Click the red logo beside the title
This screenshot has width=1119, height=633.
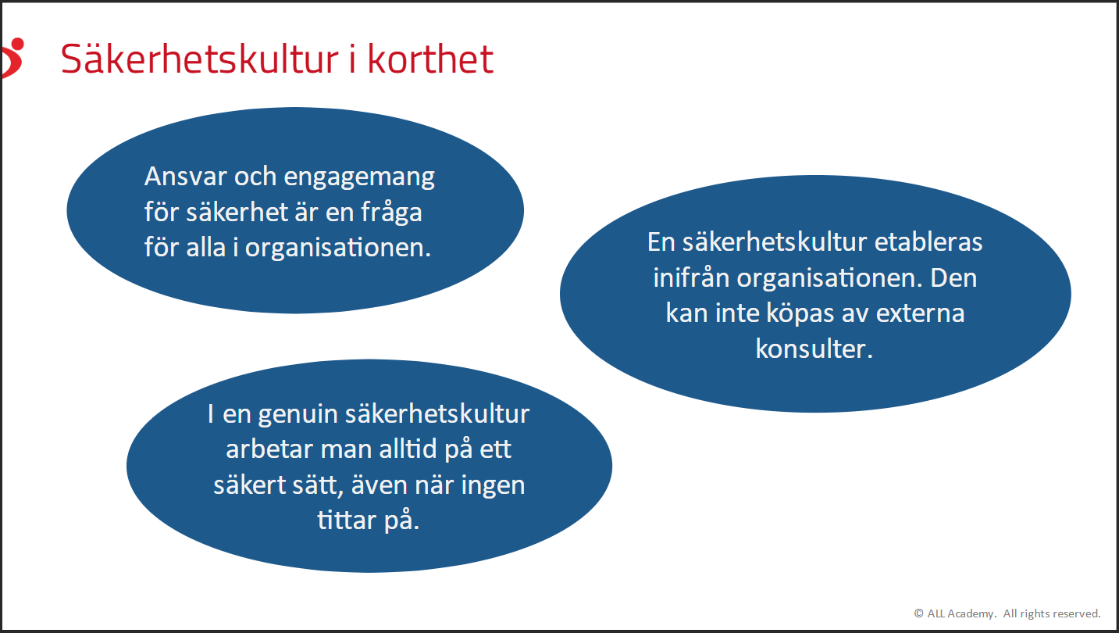tap(12, 58)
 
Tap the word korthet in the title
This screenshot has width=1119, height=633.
tap(430, 59)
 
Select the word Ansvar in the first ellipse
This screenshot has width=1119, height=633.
tap(185, 177)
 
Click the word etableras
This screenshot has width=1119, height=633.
tap(928, 242)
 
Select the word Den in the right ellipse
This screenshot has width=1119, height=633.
tap(953, 278)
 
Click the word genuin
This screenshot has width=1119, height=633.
tap(298, 415)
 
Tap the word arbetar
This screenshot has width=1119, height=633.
tap(269, 449)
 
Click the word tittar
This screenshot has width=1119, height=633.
tap(347, 520)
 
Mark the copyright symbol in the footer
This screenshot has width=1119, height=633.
tap(918, 613)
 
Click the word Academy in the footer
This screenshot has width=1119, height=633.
tap(971, 614)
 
